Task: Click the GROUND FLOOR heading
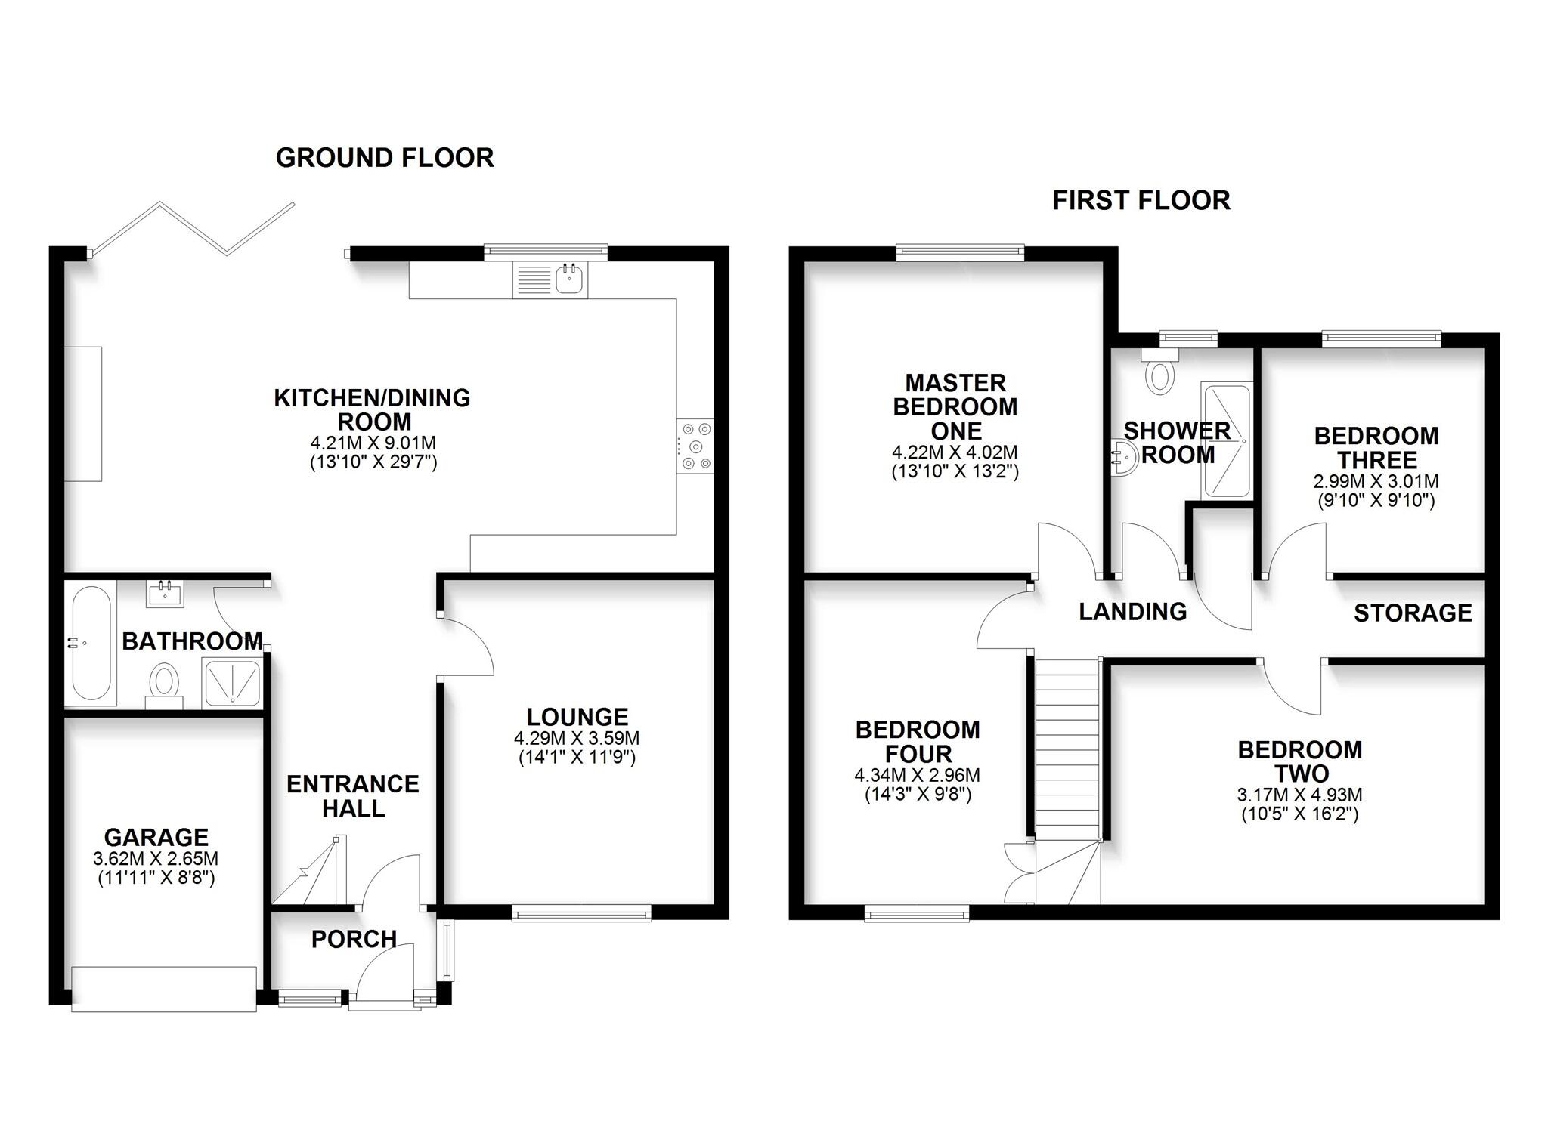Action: click(x=385, y=158)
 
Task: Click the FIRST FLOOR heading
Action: click(x=1141, y=201)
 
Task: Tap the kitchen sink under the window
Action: click(x=568, y=280)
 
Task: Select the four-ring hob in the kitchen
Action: click(x=695, y=446)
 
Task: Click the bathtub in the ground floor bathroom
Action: click(x=91, y=643)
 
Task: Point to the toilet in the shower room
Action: click(x=1159, y=373)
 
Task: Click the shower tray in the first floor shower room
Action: click(x=1226, y=441)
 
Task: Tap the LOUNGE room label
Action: click(x=577, y=717)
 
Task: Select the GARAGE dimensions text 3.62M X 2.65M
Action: click(x=156, y=859)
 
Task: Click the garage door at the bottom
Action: click(x=164, y=989)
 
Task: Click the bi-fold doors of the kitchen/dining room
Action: click(x=193, y=228)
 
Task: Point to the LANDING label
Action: click(x=1132, y=612)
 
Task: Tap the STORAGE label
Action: click(x=1412, y=613)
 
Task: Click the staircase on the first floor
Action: click(x=1066, y=748)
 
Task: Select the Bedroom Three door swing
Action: click(x=1296, y=551)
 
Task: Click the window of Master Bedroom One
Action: click(x=960, y=252)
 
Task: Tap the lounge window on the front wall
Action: click(x=581, y=914)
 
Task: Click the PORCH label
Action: click(x=354, y=940)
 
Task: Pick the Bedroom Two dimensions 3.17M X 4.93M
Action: click(x=1299, y=795)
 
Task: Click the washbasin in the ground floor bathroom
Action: click(x=165, y=594)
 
